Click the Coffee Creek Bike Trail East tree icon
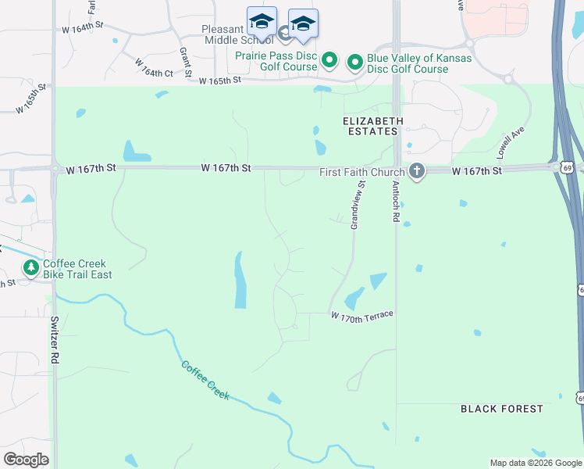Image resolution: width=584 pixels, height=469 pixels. (x=31, y=269)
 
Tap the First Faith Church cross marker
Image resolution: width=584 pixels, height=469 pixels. (x=417, y=171)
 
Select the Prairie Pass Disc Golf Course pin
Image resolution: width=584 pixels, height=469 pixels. (x=329, y=59)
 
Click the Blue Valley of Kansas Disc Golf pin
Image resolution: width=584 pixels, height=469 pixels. (x=355, y=60)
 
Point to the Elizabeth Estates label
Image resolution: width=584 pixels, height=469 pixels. (x=373, y=126)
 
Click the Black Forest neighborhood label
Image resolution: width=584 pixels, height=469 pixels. (x=501, y=409)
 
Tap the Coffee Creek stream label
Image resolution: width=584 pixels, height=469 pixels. (x=205, y=380)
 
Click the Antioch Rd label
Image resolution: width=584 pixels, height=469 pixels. (x=395, y=201)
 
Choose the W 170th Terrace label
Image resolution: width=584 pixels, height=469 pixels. (x=361, y=316)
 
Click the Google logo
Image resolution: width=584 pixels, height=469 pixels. (x=26, y=460)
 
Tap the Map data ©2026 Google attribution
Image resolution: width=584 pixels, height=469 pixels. (x=536, y=463)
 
